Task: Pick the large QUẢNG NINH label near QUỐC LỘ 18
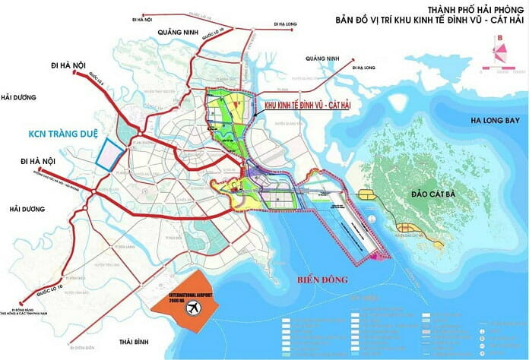[178, 31]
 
